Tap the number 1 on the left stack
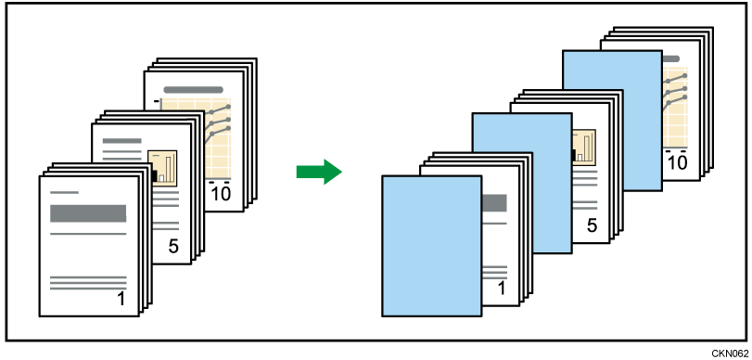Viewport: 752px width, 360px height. point(121,298)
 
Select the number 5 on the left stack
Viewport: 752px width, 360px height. point(172,247)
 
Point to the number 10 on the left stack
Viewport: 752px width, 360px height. point(222,194)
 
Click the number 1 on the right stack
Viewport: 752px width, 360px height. point(501,289)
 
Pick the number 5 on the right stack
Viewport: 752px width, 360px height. point(591,225)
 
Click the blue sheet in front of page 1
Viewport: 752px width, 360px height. point(431,246)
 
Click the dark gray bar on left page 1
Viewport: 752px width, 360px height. point(88,213)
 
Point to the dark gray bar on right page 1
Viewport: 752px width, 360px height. point(494,203)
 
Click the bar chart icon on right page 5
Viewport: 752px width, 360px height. point(584,147)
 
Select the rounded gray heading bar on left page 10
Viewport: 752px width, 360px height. point(194,91)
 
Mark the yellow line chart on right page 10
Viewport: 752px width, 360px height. point(676,101)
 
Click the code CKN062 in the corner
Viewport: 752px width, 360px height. point(730,353)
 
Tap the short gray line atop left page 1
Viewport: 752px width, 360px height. point(64,192)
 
